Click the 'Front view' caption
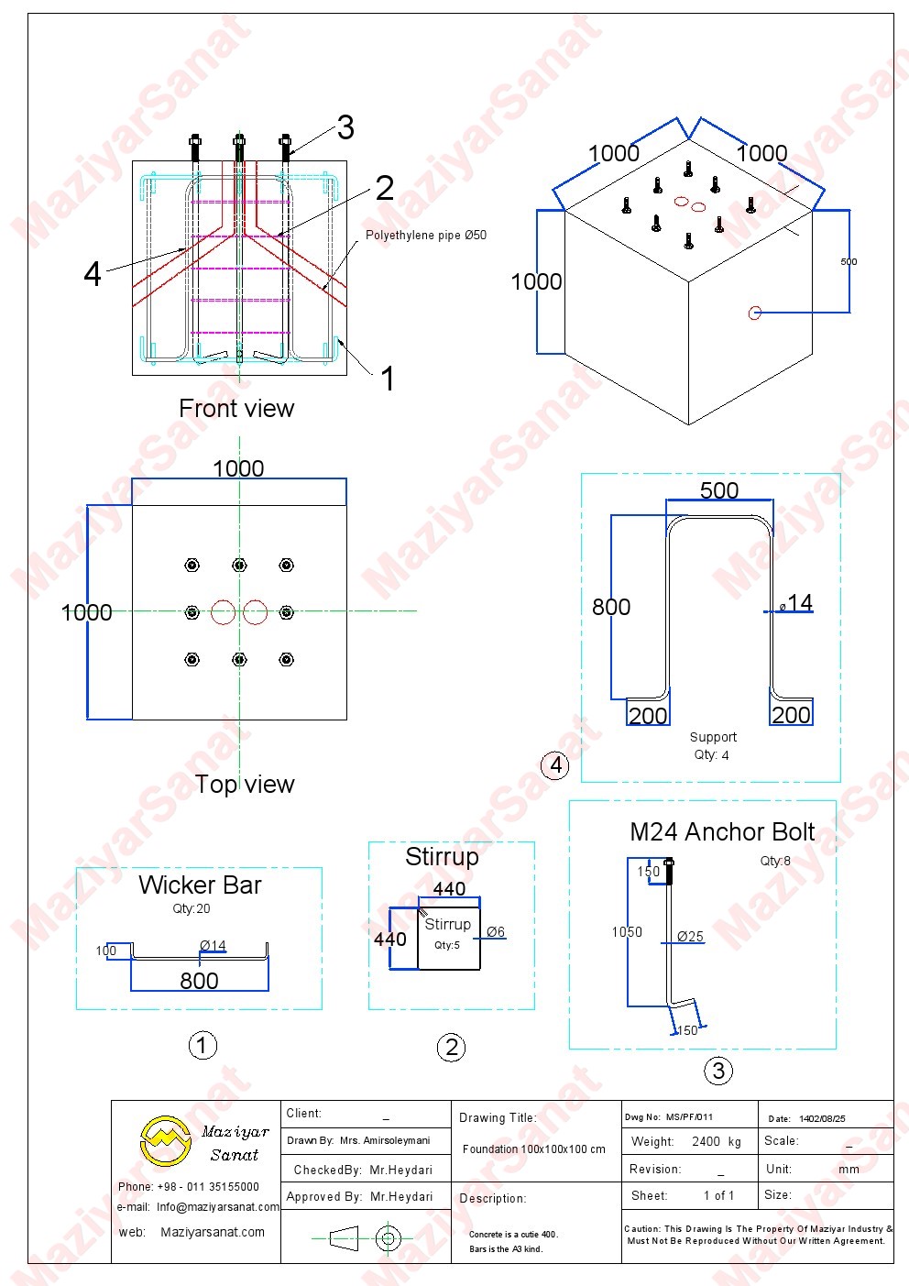[x=236, y=409]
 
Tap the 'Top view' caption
[x=245, y=785]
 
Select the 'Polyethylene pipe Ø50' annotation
[x=426, y=236]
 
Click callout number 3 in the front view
[x=345, y=127]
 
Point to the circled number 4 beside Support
[x=555, y=764]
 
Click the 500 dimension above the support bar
[x=719, y=490]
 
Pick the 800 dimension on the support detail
[x=611, y=607]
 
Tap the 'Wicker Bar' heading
[x=200, y=885]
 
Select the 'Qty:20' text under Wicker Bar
[x=192, y=909]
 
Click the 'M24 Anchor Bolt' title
[x=722, y=832]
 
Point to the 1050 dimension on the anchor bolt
[x=628, y=932]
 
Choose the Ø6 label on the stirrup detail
[x=496, y=932]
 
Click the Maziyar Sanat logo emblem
[x=165, y=1141]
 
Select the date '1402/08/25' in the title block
[x=822, y=1119]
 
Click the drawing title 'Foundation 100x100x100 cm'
[x=534, y=1149]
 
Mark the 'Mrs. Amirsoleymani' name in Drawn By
[x=385, y=1141]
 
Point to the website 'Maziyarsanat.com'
[x=213, y=1233]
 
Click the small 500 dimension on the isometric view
[x=849, y=262]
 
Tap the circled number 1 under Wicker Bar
[x=203, y=1045]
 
